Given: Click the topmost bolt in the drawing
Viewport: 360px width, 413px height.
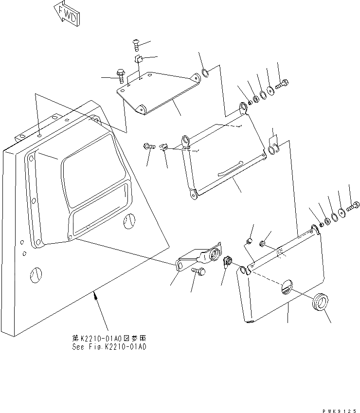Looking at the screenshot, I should (136, 45).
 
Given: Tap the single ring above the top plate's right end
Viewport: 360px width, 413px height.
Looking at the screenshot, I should (206, 73).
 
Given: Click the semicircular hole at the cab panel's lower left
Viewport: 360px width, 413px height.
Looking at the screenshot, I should (35, 276).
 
